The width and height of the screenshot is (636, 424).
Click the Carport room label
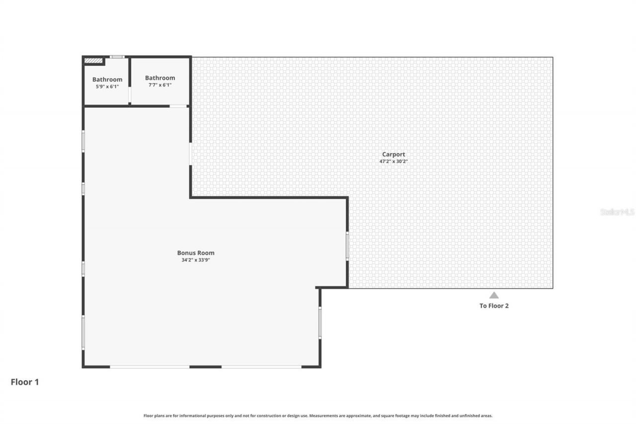click(393, 154)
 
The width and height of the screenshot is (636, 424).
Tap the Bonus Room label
click(196, 253)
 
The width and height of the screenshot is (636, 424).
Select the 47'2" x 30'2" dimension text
click(393, 162)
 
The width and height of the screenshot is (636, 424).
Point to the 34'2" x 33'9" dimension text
click(196, 260)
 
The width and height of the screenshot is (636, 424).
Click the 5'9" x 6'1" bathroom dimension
click(107, 86)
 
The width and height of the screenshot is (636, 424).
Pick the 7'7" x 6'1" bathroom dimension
click(160, 85)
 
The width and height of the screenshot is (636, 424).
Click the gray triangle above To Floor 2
click(493, 295)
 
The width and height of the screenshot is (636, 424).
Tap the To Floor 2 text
click(494, 306)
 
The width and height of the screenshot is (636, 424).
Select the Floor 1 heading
click(25, 382)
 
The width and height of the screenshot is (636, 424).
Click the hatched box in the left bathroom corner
click(93, 61)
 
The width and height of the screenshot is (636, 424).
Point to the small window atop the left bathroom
click(117, 57)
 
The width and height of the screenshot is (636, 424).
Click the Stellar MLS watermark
click(617, 212)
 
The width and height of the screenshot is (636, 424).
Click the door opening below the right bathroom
click(178, 106)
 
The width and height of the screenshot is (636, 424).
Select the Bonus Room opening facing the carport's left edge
click(190, 154)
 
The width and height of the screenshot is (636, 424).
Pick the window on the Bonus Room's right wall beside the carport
click(347, 246)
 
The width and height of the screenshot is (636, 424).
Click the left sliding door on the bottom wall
click(150, 367)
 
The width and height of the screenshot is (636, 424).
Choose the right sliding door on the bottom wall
click(261, 367)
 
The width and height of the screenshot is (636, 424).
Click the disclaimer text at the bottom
click(318, 416)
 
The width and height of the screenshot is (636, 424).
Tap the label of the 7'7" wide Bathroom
click(160, 78)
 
